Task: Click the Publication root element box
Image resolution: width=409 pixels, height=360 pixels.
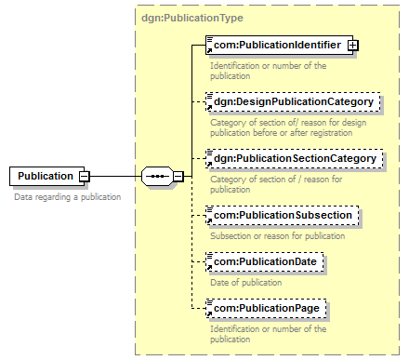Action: coord(46,176)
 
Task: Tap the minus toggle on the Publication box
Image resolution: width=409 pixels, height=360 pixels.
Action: coord(85,177)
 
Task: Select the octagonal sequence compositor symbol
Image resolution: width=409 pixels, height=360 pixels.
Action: coord(157,177)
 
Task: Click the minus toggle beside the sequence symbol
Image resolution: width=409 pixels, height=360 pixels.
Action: coord(178,177)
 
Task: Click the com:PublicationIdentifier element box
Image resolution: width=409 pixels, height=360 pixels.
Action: coord(279,46)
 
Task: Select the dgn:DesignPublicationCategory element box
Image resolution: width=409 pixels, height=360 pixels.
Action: coord(293,101)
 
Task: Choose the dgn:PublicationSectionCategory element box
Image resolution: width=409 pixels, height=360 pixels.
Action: coord(295,158)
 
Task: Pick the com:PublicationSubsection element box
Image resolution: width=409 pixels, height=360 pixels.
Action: coord(283,215)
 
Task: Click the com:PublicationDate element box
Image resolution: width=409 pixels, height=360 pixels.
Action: coord(265,261)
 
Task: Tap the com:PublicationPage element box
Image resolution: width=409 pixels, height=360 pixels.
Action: coord(266,308)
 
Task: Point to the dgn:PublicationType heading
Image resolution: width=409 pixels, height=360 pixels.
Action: coord(192,18)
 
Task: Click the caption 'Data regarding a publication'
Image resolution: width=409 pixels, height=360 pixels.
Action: coord(68,197)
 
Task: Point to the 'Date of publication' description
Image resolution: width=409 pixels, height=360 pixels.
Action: coord(246,283)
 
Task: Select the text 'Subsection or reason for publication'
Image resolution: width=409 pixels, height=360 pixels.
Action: coord(278,236)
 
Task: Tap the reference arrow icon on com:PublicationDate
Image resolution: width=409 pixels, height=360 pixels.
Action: coord(209,267)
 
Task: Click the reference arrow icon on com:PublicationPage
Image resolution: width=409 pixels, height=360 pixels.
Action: coord(209,313)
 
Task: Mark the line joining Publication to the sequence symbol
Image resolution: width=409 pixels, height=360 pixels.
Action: coord(115,177)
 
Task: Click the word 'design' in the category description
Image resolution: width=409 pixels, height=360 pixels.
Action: coord(352,123)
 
